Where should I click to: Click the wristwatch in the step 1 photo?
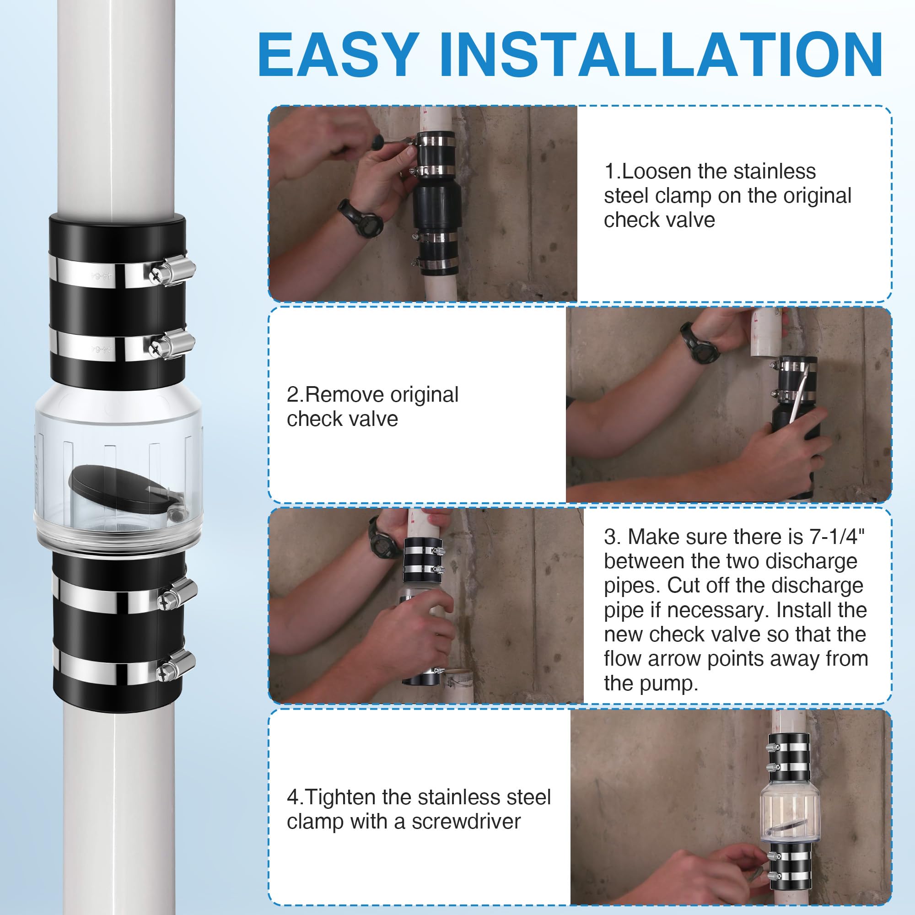coord(362,218)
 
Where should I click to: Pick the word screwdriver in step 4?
coord(466,822)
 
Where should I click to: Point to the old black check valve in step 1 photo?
coord(436,204)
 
